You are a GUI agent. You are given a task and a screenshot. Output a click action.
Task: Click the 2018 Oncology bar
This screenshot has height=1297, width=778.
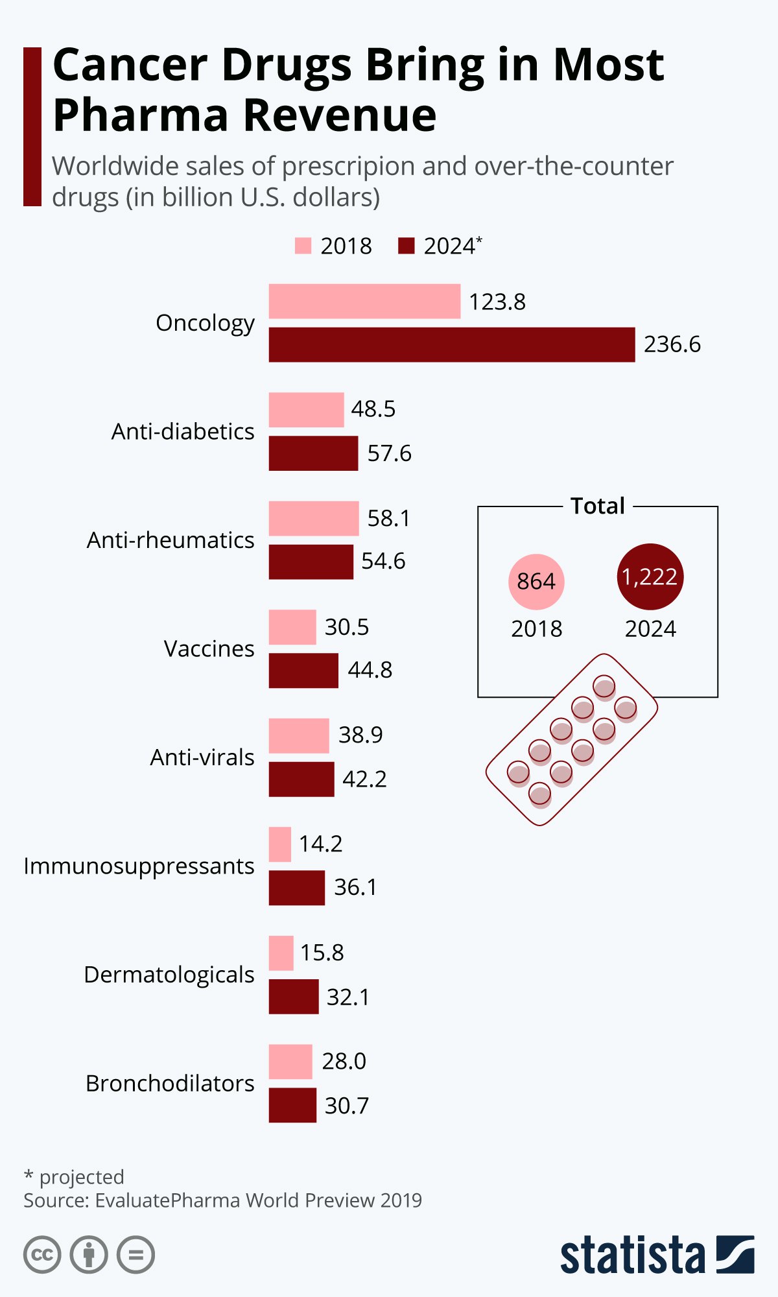pos(364,301)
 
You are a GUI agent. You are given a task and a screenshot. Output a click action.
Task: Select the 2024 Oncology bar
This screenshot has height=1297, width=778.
pos(452,344)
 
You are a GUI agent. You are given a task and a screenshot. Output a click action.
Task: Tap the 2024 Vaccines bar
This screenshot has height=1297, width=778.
pos(303,670)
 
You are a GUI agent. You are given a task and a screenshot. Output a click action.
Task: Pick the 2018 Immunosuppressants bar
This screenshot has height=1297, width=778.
pos(280,844)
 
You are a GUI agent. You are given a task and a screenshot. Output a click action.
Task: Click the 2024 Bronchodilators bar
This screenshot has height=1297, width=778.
pos(292,1104)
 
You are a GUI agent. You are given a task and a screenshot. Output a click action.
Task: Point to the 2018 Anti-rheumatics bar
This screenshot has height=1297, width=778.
pos(314,518)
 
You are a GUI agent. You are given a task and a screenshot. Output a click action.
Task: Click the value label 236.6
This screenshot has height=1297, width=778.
pos(672,344)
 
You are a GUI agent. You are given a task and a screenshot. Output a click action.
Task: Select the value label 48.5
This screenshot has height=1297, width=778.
pos(373,409)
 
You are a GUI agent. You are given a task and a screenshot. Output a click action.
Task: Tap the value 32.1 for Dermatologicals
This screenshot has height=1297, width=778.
pos(348,997)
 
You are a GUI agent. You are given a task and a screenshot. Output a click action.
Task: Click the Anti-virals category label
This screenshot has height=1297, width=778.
pos(202,757)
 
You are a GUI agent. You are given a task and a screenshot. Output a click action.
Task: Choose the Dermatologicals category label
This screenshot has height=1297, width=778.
pos(169,975)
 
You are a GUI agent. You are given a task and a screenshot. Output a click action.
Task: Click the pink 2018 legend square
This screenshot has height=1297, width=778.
pos(303,246)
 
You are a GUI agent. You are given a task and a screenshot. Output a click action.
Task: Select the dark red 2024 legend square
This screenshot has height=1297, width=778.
pos(406,246)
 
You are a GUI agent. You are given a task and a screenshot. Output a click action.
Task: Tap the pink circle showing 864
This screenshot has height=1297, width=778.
pos(536,582)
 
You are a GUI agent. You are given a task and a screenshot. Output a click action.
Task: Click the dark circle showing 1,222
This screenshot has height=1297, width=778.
pos(650,577)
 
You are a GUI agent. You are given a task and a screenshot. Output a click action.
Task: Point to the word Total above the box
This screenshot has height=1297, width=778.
pos(597,506)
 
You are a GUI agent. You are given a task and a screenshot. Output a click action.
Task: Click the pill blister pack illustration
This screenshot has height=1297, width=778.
pos(572,739)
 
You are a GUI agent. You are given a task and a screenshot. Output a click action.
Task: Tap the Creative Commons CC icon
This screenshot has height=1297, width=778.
pos(42,1255)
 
